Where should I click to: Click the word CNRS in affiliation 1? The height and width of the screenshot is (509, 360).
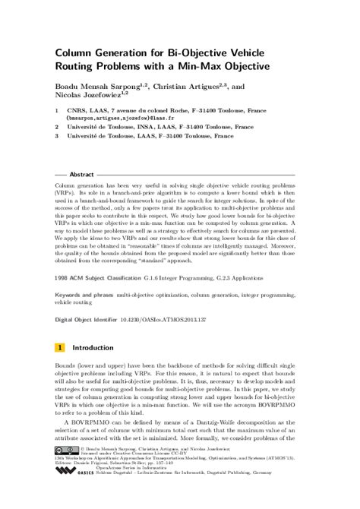point(76,110)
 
